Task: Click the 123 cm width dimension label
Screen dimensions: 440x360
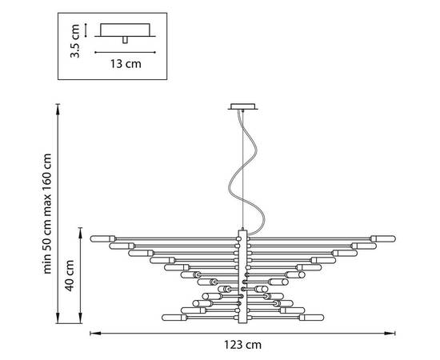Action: [x=242, y=345]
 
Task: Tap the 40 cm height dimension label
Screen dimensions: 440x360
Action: [x=70, y=275]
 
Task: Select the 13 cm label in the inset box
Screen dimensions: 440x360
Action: [x=126, y=64]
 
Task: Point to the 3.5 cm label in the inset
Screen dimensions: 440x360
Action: [x=75, y=41]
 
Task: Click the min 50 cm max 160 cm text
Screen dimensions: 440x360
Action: [x=47, y=214]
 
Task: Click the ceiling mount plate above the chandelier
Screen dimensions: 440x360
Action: [x=242, y=106]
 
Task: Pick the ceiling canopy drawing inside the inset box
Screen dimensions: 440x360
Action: [x=125, y=33]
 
